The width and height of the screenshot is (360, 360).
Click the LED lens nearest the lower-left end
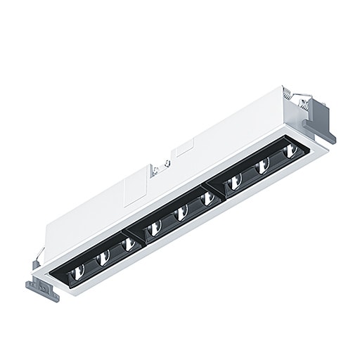coord(79,270)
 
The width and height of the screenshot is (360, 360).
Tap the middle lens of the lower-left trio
coord(103,258)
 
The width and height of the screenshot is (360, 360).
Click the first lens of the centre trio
coord(155,226)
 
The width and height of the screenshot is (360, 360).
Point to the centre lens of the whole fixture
coord(181,212)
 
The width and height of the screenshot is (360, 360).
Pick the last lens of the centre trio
coord(207,198)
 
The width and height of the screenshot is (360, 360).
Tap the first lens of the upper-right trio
coord(235,181)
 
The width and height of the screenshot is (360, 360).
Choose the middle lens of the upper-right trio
coord(262,166)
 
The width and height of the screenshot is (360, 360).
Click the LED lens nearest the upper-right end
coord(288,150)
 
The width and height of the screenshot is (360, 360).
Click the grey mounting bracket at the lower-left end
coord(42,289)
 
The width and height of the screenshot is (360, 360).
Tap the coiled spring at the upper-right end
coord(288,93)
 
